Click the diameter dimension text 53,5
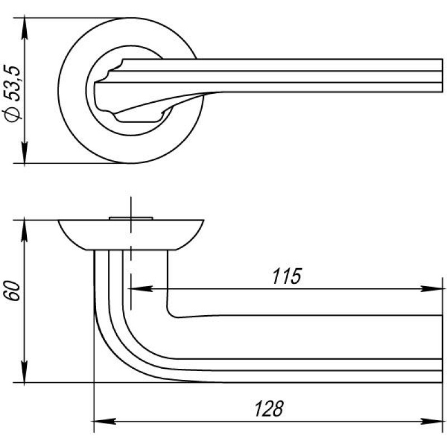[13, 84]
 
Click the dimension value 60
[13, 291]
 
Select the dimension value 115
[287, 276]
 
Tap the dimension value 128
[269, 409]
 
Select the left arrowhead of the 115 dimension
[141, 288]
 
